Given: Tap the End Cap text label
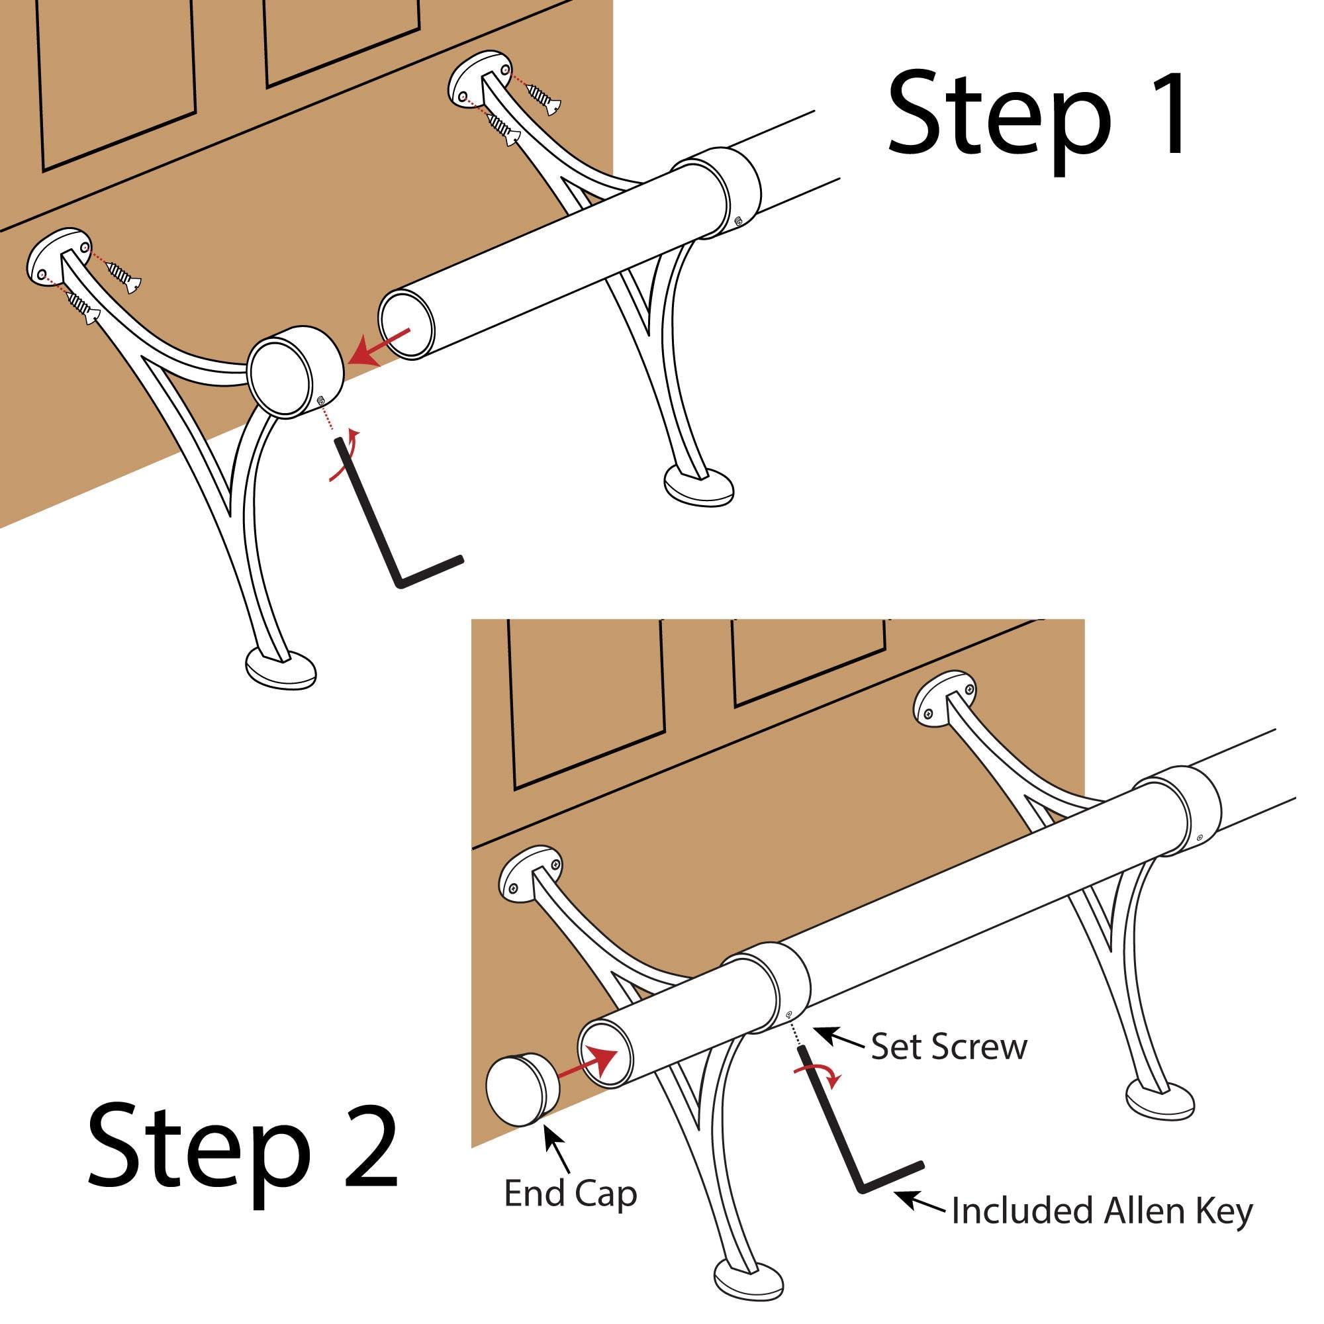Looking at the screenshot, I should (x=570, y=1194).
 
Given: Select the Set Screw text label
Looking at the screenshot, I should (x=949, y=1048).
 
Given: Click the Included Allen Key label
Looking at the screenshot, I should (x=1102, y=1211).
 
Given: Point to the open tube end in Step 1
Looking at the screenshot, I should (x=407, y=324).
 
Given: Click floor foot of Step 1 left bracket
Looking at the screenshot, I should (x=281, y=669).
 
